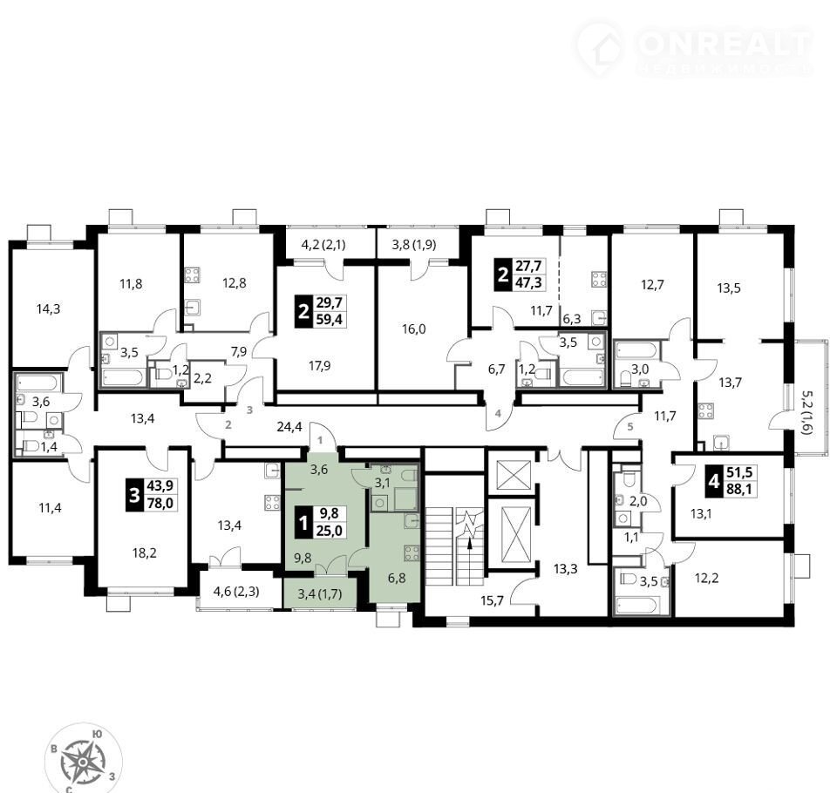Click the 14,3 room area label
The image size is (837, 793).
coord(48,309)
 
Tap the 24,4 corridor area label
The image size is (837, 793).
coord(289,426)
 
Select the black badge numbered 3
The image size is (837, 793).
coord(134,495)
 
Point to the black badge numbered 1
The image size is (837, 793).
coord(304,523)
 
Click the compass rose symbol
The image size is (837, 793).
coord(84,759)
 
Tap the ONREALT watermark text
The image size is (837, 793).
coord(725,44)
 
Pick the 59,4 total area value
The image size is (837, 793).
coord(330,320)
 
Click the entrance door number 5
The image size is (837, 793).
coord(629,426)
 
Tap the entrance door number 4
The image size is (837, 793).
coord(498,413)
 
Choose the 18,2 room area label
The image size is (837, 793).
coord(144,552)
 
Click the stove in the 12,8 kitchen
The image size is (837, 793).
coord(192,275)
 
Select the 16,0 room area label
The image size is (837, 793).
coord(413,329)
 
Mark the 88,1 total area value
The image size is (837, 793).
coord(739,488)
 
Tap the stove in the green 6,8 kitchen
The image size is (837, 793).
coord(412,552)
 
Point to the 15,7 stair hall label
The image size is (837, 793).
coord(492,601)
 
